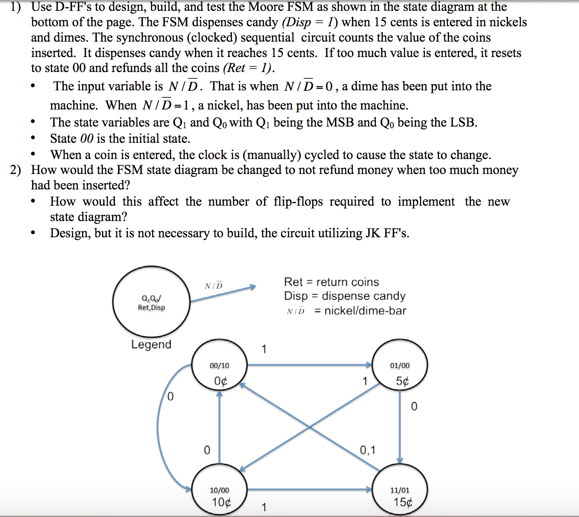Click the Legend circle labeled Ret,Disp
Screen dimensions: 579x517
pos(151,302)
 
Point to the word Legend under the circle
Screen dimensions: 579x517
pos(151,344)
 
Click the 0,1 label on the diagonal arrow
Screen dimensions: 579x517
pos(367,450)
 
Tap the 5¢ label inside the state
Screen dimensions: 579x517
pos(402,381)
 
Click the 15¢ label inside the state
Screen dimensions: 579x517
pos(403,502)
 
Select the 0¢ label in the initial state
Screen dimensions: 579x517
pos(221,381)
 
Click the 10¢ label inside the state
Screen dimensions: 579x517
pos(221,502)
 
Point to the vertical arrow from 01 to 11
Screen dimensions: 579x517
pos(400,429)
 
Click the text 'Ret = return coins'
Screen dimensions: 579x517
pos(331,282)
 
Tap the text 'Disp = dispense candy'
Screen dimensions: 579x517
pos(344,296)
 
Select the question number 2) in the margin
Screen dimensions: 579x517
pos(15,170)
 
